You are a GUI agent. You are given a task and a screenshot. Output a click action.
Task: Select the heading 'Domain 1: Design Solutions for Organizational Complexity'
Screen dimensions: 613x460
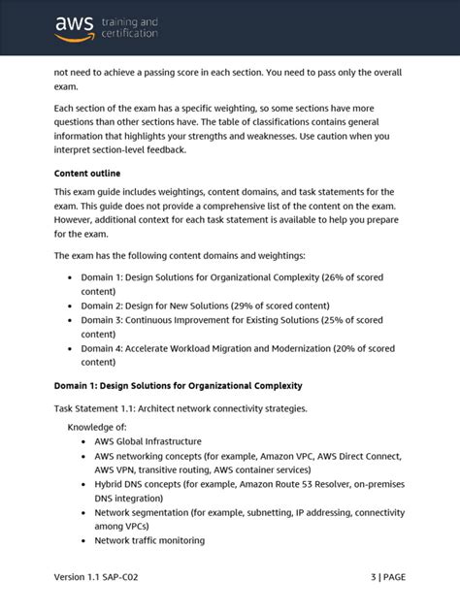pos(178,385)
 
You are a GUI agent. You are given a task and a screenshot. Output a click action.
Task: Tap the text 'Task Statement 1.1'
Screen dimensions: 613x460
pos(101,408)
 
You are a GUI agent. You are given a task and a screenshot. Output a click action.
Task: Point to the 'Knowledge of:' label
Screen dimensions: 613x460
pos(97,427)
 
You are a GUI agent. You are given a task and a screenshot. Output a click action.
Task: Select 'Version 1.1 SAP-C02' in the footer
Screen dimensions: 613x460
pos(102,576)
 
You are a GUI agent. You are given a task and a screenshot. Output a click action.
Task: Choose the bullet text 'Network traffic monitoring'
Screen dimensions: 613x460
pos(149,540)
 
